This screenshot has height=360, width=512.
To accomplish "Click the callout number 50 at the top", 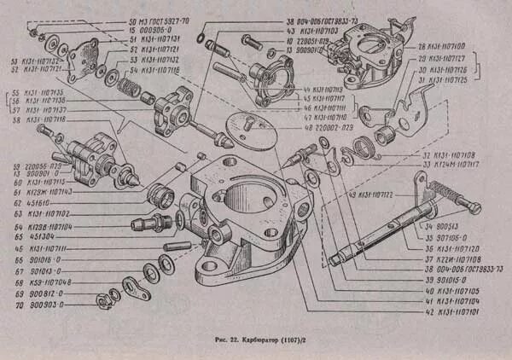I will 132,20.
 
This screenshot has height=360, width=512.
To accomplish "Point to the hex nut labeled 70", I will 99,297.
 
